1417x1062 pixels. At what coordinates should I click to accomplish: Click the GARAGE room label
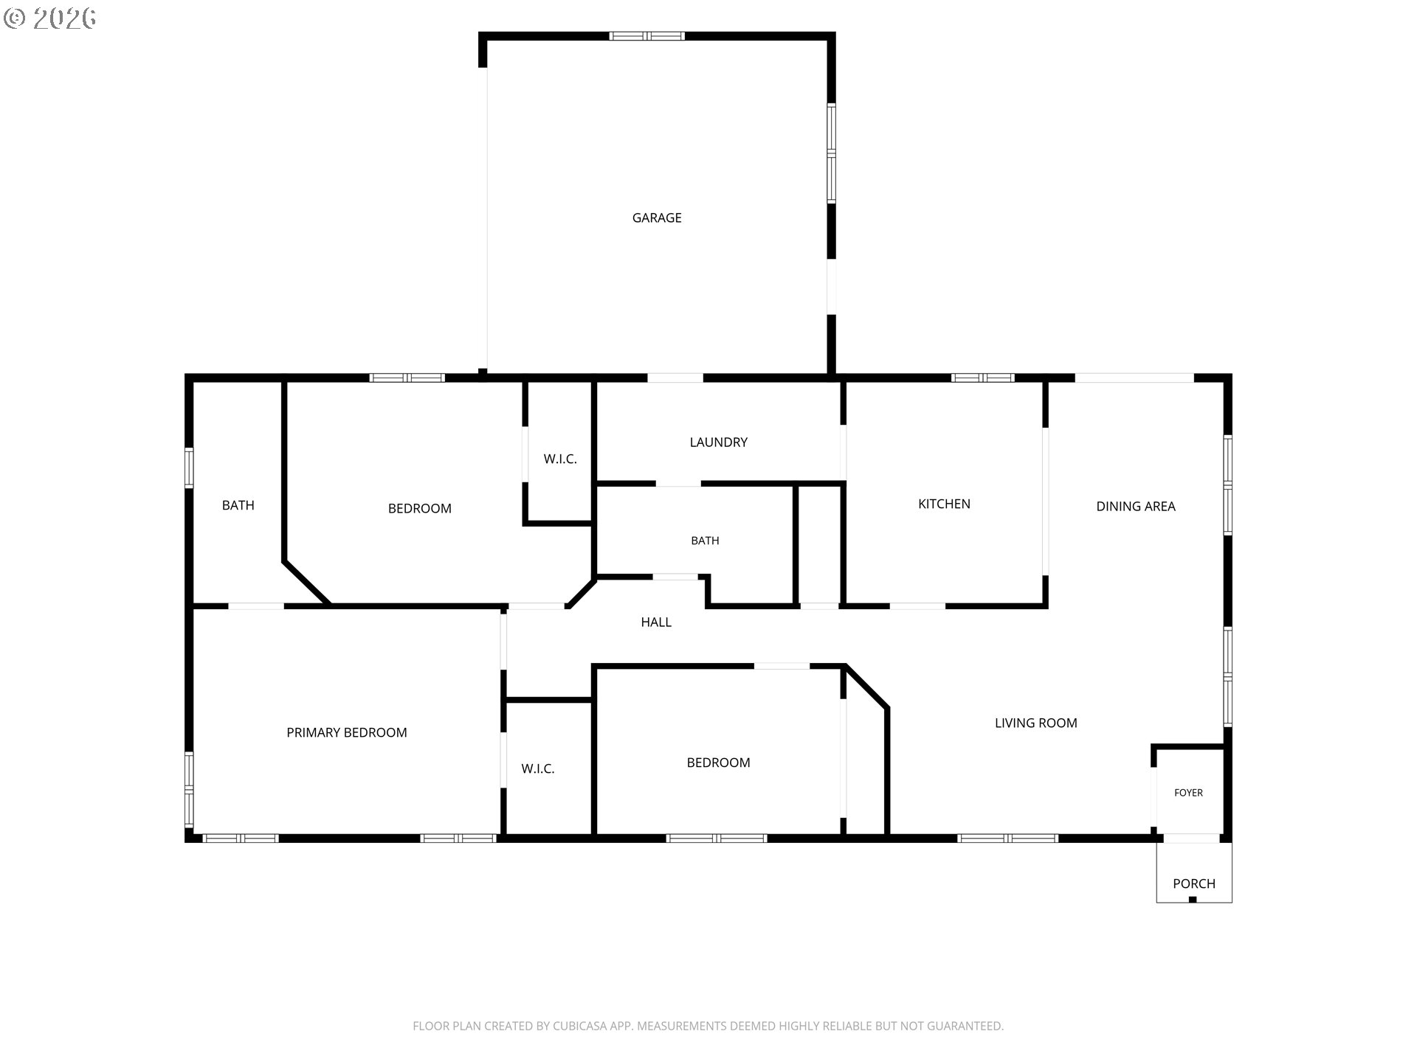(657, 218)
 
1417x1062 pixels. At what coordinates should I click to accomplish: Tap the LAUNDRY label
(718, 442)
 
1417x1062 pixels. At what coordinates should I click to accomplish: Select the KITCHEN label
(944, 504)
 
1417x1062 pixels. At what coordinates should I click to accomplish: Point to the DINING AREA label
(1135, 506)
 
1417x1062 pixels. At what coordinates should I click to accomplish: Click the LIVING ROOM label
(1035, 723)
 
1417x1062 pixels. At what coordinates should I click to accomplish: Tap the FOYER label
(1188, 793)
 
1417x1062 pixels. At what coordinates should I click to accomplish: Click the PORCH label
(1193, 884)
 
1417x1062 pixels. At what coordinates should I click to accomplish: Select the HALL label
(655, 622)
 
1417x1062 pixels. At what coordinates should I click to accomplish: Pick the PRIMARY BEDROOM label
(346, 732)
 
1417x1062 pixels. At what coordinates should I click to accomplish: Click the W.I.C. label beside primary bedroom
(537, 768)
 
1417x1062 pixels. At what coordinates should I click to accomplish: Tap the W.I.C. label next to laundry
(560, 459)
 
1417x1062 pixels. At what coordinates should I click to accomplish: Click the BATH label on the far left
(238, 505)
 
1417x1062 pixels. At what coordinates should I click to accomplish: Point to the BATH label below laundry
(705, 541)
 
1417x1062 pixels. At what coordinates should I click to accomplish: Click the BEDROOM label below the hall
(718, 763)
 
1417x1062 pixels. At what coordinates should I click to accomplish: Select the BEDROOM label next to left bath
(419, 508)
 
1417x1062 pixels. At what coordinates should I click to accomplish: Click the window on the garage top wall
(647, 35)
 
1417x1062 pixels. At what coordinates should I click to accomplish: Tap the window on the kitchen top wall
(982, 378)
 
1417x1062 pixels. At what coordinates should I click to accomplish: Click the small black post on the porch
(1193, 899)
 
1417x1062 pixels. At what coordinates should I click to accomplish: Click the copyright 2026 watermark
(49, 18)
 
